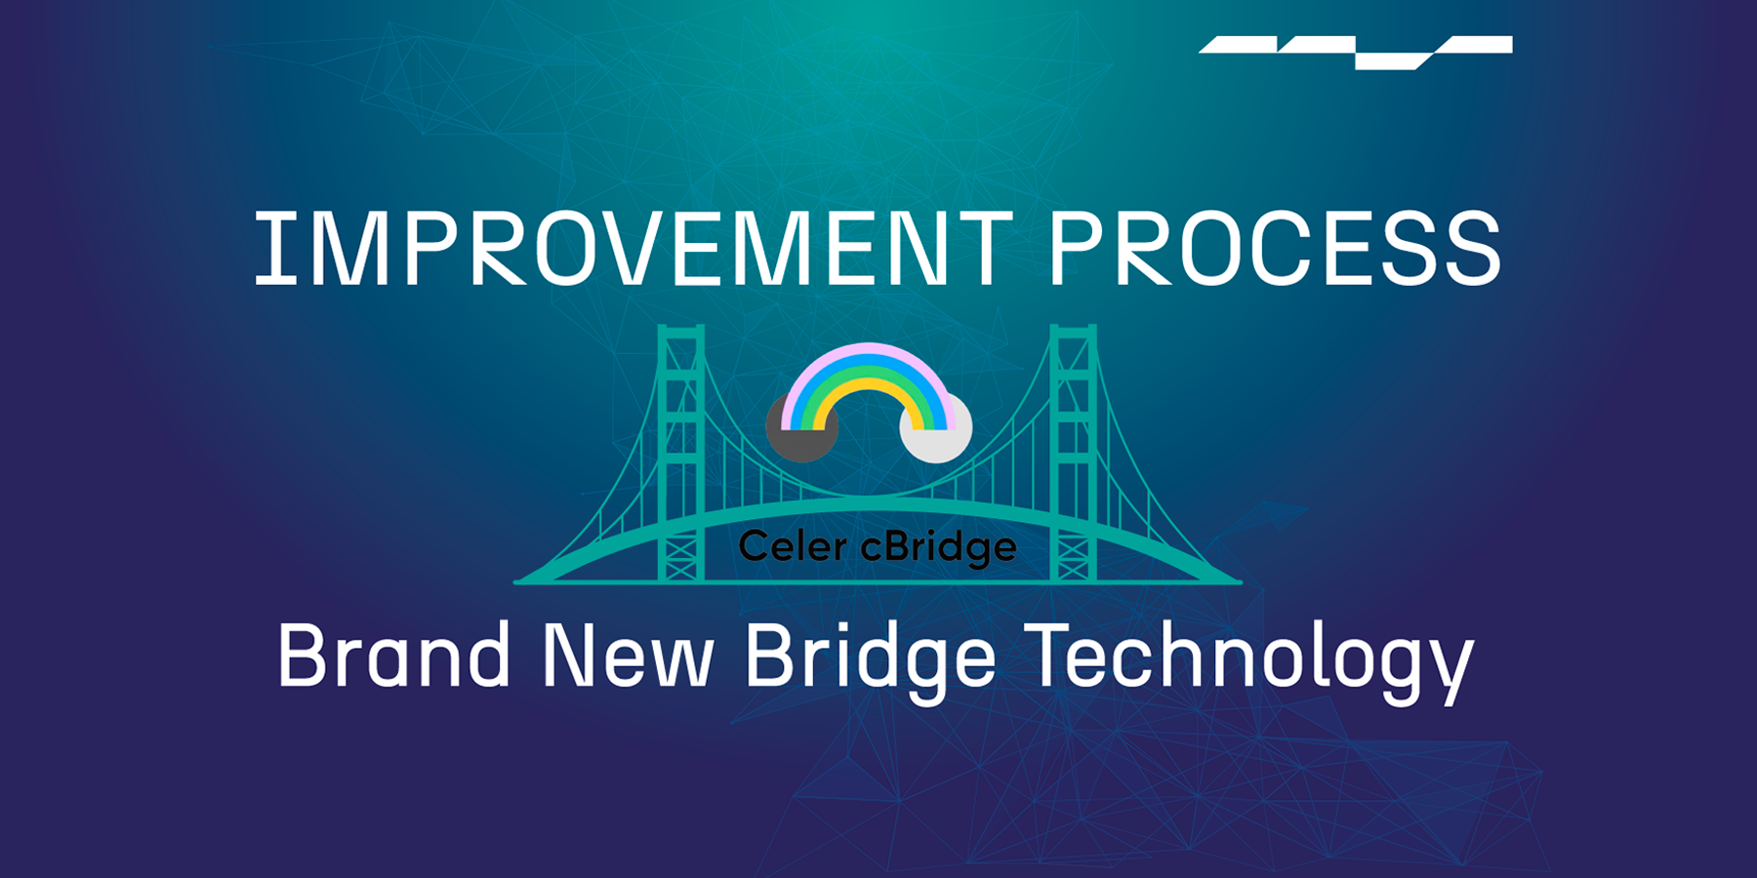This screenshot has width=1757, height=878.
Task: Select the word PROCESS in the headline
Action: tap(1275, 250)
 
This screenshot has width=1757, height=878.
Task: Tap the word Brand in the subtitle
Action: tap(393, 656)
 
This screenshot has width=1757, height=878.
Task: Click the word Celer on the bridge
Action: tap(792, 546)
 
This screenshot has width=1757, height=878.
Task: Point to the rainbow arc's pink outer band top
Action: tap(868, 350)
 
